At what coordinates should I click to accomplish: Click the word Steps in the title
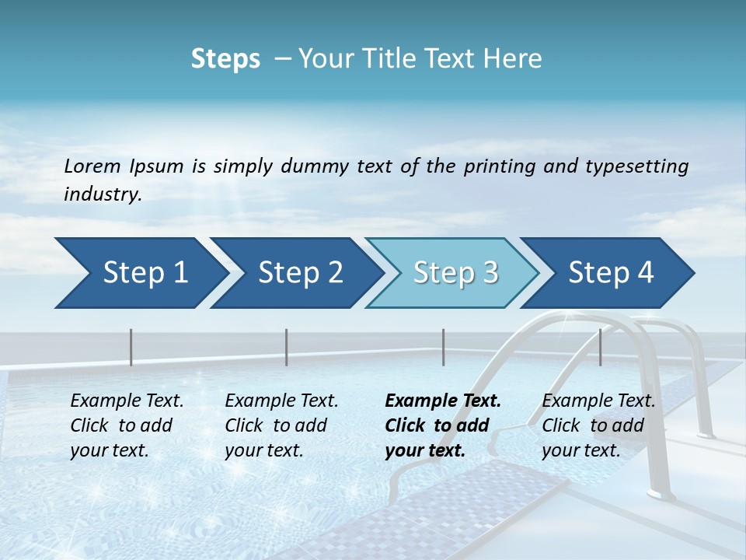[x=225, y=58]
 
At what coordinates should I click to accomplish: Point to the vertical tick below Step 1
[x=131, y=347]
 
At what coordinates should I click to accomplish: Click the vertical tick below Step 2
[x=287, y=347]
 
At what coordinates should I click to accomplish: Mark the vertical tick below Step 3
[x=444, y=347]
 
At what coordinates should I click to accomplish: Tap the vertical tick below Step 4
[x=601, y=347]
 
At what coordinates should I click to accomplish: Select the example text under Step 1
[x=127, y=425]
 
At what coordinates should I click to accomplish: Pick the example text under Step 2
[x=281, y=425]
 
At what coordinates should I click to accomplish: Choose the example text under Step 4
[x=598, y=425]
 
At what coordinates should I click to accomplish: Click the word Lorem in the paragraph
[x=92, y=166]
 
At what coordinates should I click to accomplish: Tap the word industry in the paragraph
[x=103, y=194]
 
